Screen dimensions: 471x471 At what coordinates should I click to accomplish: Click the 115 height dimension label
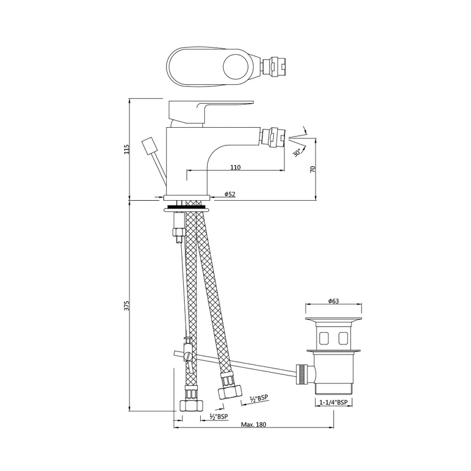pos(127,149)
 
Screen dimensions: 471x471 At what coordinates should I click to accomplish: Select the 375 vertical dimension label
pos(127,305)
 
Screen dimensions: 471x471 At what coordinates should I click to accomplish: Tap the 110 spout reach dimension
pos(235,167)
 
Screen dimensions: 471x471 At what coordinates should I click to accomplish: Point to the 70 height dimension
pos(313,169)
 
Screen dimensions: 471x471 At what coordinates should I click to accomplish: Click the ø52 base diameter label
pos(230,194)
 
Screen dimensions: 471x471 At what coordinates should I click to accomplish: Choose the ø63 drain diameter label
pos(333,301)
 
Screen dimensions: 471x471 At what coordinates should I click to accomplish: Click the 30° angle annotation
pos(297,152)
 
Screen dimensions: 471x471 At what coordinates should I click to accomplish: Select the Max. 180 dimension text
pos(254,424)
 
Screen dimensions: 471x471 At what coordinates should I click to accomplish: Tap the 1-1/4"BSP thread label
pos(333,403)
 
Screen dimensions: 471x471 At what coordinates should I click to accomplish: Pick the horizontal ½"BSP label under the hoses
pos(218,417)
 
